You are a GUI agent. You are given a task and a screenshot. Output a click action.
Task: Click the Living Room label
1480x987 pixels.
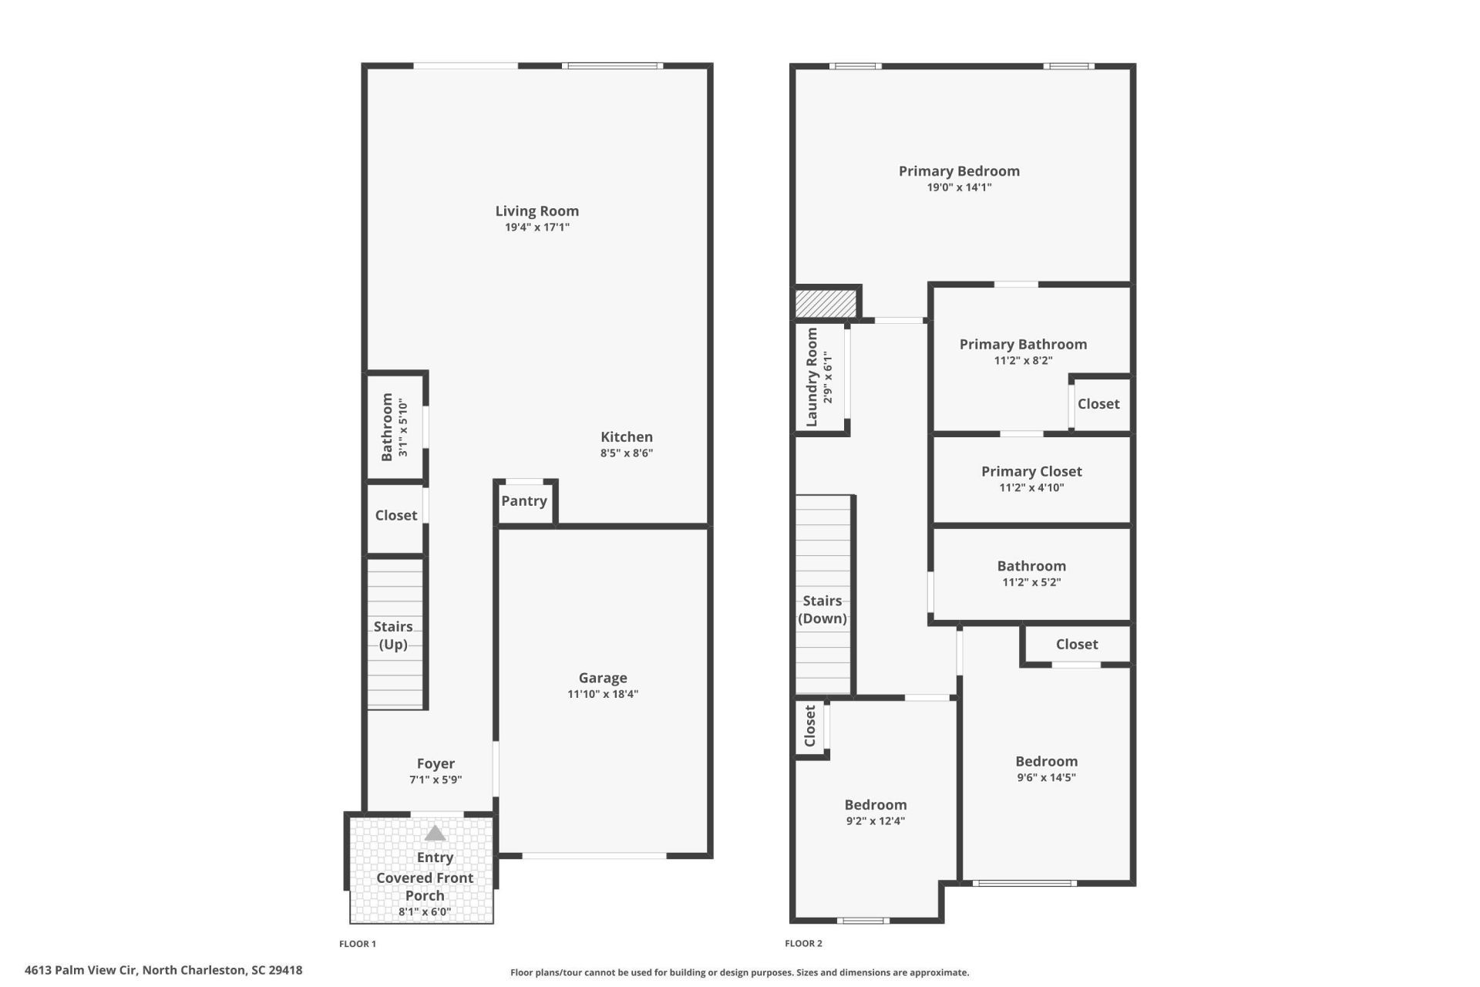click(x=536, y=211)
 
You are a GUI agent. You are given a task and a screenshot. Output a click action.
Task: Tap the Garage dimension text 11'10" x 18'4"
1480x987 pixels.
click(x=603, y=694)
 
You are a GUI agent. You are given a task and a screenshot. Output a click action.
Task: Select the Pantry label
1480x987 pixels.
click(x=524, y=501)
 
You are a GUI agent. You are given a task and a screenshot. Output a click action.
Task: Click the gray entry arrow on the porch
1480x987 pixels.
click(x=436, y=833)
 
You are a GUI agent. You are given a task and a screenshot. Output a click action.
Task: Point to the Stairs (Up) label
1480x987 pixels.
click(x=393, y=635)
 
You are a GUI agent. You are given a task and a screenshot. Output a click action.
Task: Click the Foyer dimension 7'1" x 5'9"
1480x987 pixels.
click(x=436, y=780)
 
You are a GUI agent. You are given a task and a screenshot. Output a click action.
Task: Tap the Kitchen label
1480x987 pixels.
click(x=627, y=436)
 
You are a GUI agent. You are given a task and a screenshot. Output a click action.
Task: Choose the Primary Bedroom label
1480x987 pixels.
click(x=959, y=171)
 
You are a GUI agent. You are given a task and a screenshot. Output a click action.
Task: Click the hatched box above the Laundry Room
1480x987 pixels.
click(x=826, y=302)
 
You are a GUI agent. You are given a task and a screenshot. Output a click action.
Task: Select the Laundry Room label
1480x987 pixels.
click(x=812, y=377)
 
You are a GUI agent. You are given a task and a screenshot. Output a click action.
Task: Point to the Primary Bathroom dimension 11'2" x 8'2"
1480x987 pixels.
click(x=1023, y=360)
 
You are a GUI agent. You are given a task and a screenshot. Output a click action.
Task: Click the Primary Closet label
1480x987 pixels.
click(x=1031, y=471)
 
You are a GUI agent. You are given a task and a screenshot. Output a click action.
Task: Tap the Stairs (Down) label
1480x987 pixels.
click(x=822, y=609)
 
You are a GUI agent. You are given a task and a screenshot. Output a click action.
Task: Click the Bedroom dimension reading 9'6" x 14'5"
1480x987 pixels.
click(x=1046, y=777)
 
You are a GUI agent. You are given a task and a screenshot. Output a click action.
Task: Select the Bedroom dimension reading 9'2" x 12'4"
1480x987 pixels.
click(x=875, y=821)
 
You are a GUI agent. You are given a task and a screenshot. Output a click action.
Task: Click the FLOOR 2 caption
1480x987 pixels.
click(x=803, y=943)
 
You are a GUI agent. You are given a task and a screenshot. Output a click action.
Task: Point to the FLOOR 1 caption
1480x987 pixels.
click(x=358, y=943)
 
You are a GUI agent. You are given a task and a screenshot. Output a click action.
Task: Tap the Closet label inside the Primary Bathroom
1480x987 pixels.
click(x=1098, y=404)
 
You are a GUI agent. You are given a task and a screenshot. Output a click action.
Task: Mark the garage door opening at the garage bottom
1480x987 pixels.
click(x=594, y=856)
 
